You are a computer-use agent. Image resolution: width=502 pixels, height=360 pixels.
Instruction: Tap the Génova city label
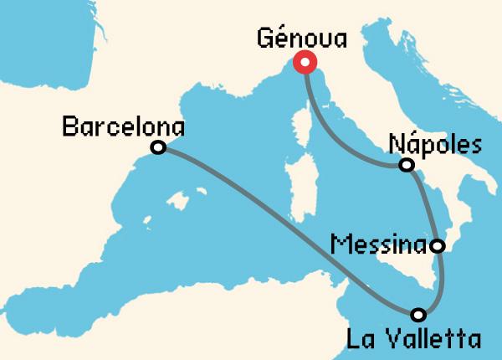coord(302,39)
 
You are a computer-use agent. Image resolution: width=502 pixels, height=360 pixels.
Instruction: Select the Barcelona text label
coord(124,127)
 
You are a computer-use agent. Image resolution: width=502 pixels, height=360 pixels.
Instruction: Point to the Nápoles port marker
coord(407,165)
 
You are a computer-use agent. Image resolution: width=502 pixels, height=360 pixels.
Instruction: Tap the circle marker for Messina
coord(437,246)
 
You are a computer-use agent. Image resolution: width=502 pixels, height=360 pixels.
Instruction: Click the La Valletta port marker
coord(419,315)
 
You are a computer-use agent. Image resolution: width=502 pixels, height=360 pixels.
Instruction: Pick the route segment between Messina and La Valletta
coord(441,285)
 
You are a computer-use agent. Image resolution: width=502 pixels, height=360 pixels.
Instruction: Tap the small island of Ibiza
coord(147,222)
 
